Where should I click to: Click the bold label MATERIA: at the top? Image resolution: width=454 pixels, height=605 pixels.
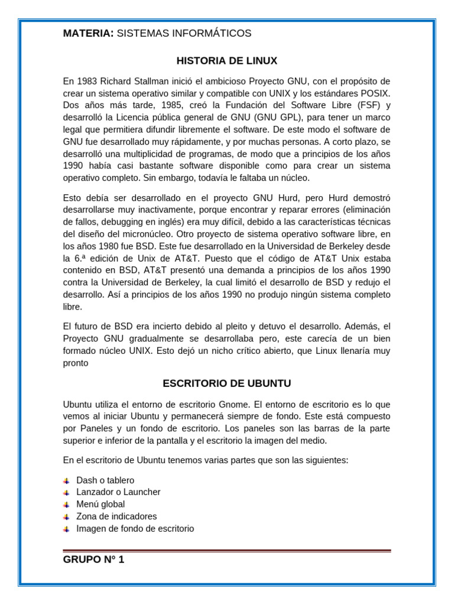88,34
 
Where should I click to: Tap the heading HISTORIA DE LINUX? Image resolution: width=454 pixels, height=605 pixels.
227,61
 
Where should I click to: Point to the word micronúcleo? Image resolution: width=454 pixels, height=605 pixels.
148,234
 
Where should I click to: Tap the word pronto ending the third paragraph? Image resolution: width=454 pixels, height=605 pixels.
76,363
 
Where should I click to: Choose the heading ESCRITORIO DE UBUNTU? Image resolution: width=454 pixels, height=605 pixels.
227,383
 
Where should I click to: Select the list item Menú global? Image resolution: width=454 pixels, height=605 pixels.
100,504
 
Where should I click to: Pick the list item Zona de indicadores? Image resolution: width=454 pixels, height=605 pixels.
116,516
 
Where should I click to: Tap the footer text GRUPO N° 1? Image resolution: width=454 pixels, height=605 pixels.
93,560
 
